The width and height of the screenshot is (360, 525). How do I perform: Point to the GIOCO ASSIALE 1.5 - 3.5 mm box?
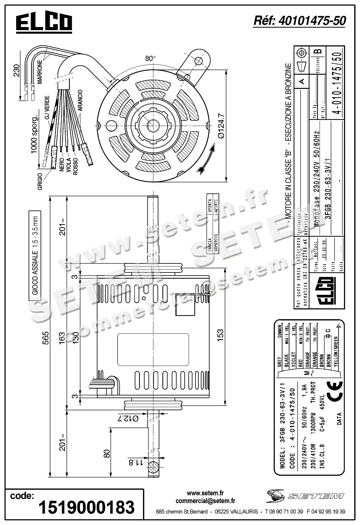point(35,255)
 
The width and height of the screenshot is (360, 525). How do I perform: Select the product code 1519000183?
point(86,507)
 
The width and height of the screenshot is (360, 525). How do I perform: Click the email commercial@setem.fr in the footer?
point(205,500)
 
